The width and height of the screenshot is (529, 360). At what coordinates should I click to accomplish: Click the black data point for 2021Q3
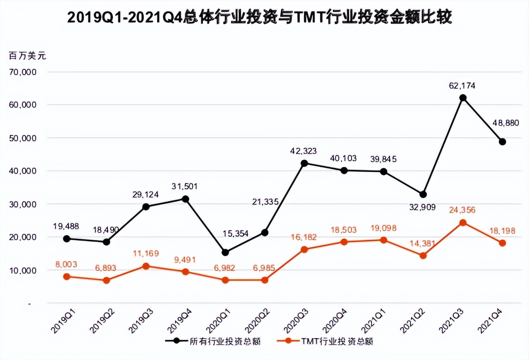463,98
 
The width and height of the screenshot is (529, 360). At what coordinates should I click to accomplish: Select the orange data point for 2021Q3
463,223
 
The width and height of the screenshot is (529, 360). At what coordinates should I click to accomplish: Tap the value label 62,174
463,86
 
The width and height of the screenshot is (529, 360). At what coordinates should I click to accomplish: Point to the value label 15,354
225,234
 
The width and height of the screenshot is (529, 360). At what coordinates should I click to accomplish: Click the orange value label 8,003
66,264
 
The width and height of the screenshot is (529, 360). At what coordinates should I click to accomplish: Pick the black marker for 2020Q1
225,253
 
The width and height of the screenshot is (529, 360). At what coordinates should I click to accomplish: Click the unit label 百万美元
27,56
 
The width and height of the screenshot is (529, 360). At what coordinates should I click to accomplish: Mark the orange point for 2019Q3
146,266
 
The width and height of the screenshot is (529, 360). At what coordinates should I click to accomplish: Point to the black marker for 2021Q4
502,142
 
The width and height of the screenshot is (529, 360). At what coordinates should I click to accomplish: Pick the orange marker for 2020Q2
264,280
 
